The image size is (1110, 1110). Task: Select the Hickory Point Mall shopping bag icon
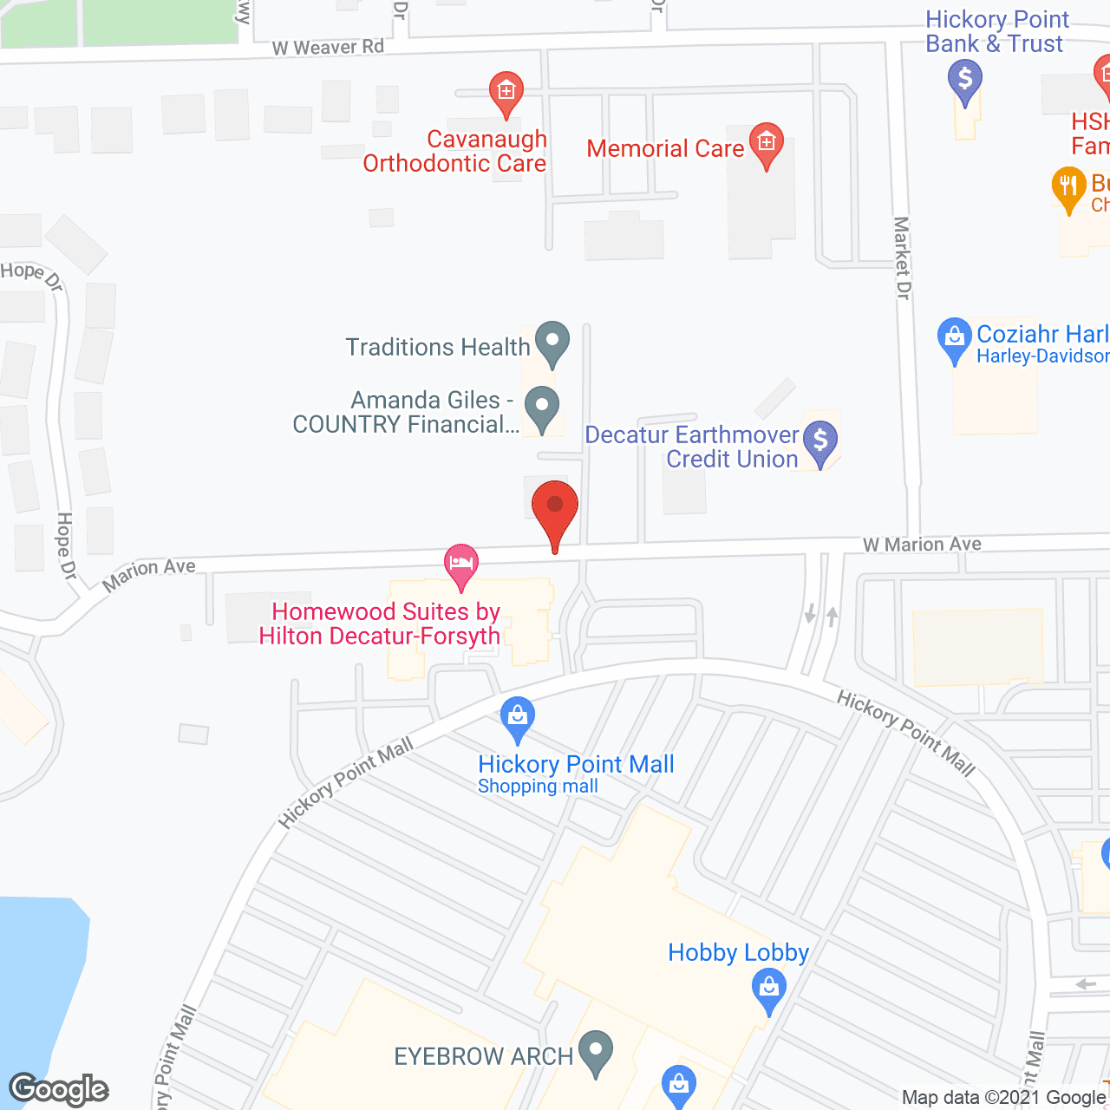click(x=518, y=718)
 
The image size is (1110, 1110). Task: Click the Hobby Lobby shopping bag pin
click(x=768, y=989)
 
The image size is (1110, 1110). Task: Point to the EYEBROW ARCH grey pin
click(x=595, y=1052)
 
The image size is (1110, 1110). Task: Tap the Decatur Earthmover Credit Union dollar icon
click(x=820, y=442)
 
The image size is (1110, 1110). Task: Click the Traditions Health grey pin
click(x=552, y=343)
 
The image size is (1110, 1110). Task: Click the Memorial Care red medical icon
click(x=766, y=144)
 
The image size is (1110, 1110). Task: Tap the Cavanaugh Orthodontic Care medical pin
click(x=506, y=93)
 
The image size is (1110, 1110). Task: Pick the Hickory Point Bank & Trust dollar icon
click(x=964, y=83)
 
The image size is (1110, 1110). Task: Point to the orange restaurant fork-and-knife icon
click(x=1068, y=187)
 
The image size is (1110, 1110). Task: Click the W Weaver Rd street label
click(x=328, y=48)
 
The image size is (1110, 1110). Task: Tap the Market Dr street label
click(x=902, y=258)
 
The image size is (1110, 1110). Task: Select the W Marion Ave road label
click(x=922, y=545)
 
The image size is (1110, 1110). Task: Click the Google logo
click(x=59, y=1089)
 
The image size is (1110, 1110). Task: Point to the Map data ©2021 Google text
click(x=1003, y=1098)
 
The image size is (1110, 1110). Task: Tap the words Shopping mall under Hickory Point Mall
click(x=538, y=787)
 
